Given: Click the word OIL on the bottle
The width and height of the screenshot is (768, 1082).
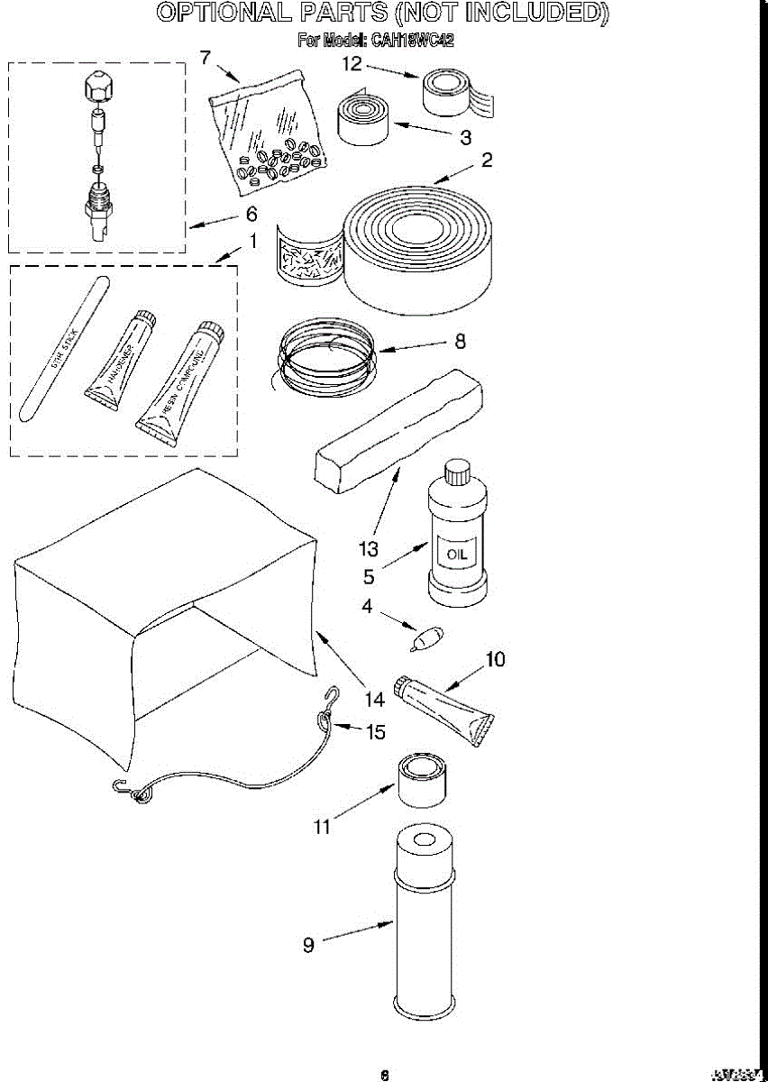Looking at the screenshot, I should pos(457,553).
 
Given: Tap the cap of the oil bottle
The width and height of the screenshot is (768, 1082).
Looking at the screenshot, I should pos(458,472).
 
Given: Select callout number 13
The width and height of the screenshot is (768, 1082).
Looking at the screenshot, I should pos(368,548).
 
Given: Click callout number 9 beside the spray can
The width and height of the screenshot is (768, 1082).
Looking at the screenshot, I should pos(308,945).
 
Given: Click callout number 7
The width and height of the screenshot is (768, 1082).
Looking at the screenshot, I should pos(206,58).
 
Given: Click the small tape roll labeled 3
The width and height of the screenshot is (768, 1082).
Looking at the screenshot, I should pos(364,120).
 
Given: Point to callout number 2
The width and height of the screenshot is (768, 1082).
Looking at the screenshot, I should pos(487,160).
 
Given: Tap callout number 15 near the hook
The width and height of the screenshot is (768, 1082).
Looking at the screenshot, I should pos(375,731).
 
